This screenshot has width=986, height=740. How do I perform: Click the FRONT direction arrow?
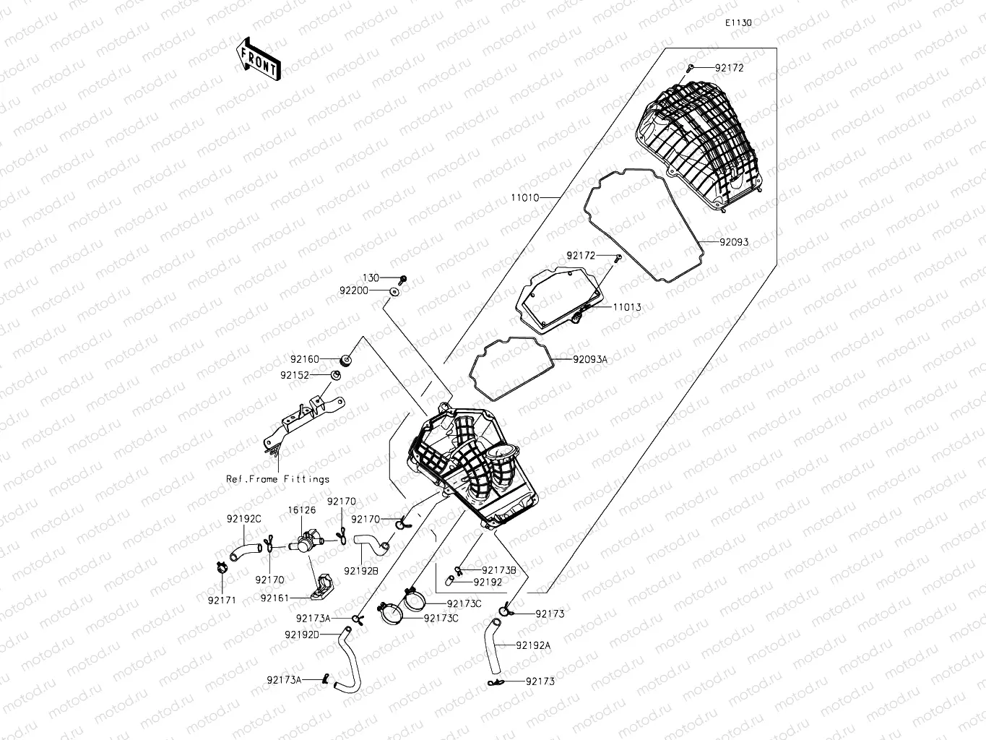tap(258, 59)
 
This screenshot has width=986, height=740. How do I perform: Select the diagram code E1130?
tap(739, 22)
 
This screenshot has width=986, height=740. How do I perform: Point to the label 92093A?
tap(590, 359)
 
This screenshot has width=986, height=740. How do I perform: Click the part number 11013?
tap(626, 307)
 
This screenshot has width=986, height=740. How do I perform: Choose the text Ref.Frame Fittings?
tap(277, 479)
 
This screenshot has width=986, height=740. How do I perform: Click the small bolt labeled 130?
tap(403, 278)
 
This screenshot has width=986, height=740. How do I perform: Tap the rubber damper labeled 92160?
tap(346, 359)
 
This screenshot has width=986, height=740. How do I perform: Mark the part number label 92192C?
tap(243, 519)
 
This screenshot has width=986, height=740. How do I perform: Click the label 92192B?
tap(360, 571)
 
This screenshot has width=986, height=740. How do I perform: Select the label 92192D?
tap(301, 634)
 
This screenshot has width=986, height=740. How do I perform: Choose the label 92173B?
tap(499, 570)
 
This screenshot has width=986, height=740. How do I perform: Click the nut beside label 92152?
tap(335, 375)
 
